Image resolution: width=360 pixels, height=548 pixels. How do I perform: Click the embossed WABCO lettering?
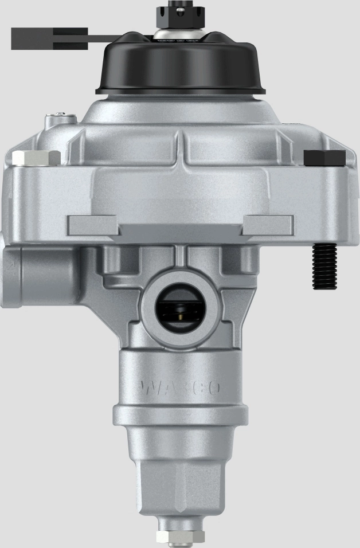click(180, 388)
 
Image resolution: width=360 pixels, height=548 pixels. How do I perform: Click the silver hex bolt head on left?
click(36, 158)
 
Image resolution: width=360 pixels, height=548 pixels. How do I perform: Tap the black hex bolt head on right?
click(324, 158)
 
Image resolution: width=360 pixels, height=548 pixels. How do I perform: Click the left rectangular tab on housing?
click(92, 225)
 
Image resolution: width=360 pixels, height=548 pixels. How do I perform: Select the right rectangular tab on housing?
click(267, 225)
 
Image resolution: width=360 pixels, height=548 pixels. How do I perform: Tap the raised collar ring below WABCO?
click(180, 414)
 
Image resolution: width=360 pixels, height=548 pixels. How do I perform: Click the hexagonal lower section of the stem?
click(180, 482)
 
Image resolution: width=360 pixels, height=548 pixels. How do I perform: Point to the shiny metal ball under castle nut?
click(180, 34)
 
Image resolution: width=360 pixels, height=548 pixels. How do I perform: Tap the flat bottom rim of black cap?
click(180, 90)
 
